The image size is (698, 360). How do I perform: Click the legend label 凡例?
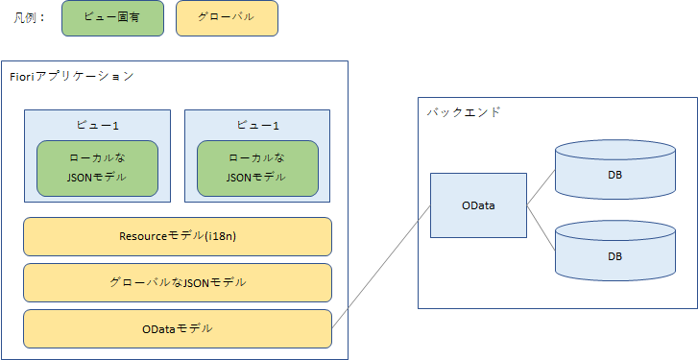28,18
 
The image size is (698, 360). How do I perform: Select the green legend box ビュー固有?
111,18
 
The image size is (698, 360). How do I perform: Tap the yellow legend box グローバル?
227,18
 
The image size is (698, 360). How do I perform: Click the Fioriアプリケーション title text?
71,76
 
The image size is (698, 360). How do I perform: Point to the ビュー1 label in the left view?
97,126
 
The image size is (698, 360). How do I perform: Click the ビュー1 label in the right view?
257,126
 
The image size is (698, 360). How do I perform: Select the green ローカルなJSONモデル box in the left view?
97,168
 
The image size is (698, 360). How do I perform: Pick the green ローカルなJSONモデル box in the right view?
257,168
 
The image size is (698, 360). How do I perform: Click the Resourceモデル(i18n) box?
178,236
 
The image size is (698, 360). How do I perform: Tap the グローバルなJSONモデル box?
178,282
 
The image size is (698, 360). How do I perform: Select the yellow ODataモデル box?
178,328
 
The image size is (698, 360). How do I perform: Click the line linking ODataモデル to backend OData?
380,269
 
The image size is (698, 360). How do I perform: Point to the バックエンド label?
464,111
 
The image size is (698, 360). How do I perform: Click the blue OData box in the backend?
477,205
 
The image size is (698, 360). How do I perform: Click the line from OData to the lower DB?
541,228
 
